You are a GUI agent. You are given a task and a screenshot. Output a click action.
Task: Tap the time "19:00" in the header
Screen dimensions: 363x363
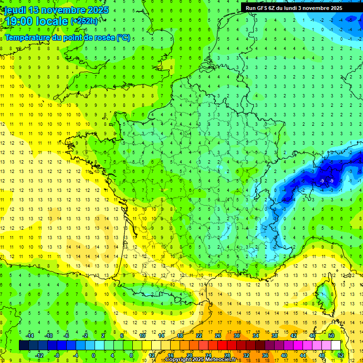coord(20,21)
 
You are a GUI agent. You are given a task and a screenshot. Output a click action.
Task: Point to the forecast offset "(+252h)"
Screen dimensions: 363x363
coord(85,21)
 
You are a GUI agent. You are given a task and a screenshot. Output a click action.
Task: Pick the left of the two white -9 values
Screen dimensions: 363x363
coord(321,181)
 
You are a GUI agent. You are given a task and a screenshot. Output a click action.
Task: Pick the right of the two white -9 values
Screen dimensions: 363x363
coord(331,181)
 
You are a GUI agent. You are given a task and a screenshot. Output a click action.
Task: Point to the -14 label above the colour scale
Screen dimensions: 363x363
coord(30,336)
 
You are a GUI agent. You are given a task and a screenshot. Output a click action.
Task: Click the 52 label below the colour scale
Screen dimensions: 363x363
coord(341,355)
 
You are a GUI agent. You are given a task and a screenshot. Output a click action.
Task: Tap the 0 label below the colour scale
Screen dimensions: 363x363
coord(94,355)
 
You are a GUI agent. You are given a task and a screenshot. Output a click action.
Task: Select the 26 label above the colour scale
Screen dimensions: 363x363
coord(218,336)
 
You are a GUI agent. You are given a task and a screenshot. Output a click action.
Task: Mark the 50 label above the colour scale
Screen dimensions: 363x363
coord(331,336)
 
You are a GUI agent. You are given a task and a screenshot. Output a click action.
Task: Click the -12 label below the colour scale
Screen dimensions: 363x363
coord(39,355)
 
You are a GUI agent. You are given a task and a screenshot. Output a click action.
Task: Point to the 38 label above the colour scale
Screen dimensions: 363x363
coord(275,336)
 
